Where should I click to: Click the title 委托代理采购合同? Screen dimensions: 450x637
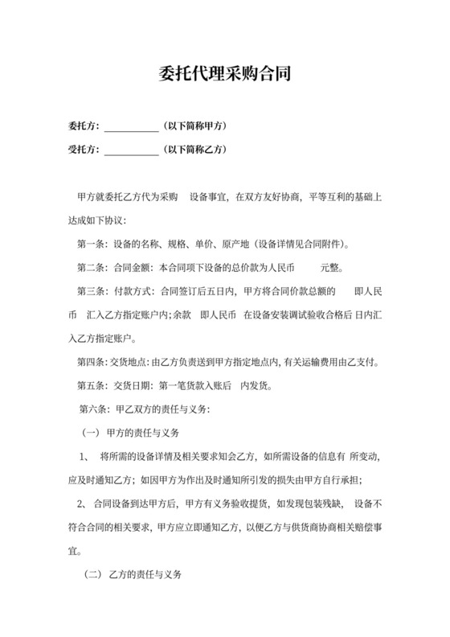tap(224, 76)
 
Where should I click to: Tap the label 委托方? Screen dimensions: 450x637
tap(84, 126)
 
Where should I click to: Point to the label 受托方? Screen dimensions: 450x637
tap(84, 150)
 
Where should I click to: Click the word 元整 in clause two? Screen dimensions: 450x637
tap(333, 267)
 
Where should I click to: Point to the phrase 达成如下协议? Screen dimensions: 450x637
tap(96, 220)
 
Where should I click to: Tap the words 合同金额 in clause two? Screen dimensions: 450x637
tap(133, 267)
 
